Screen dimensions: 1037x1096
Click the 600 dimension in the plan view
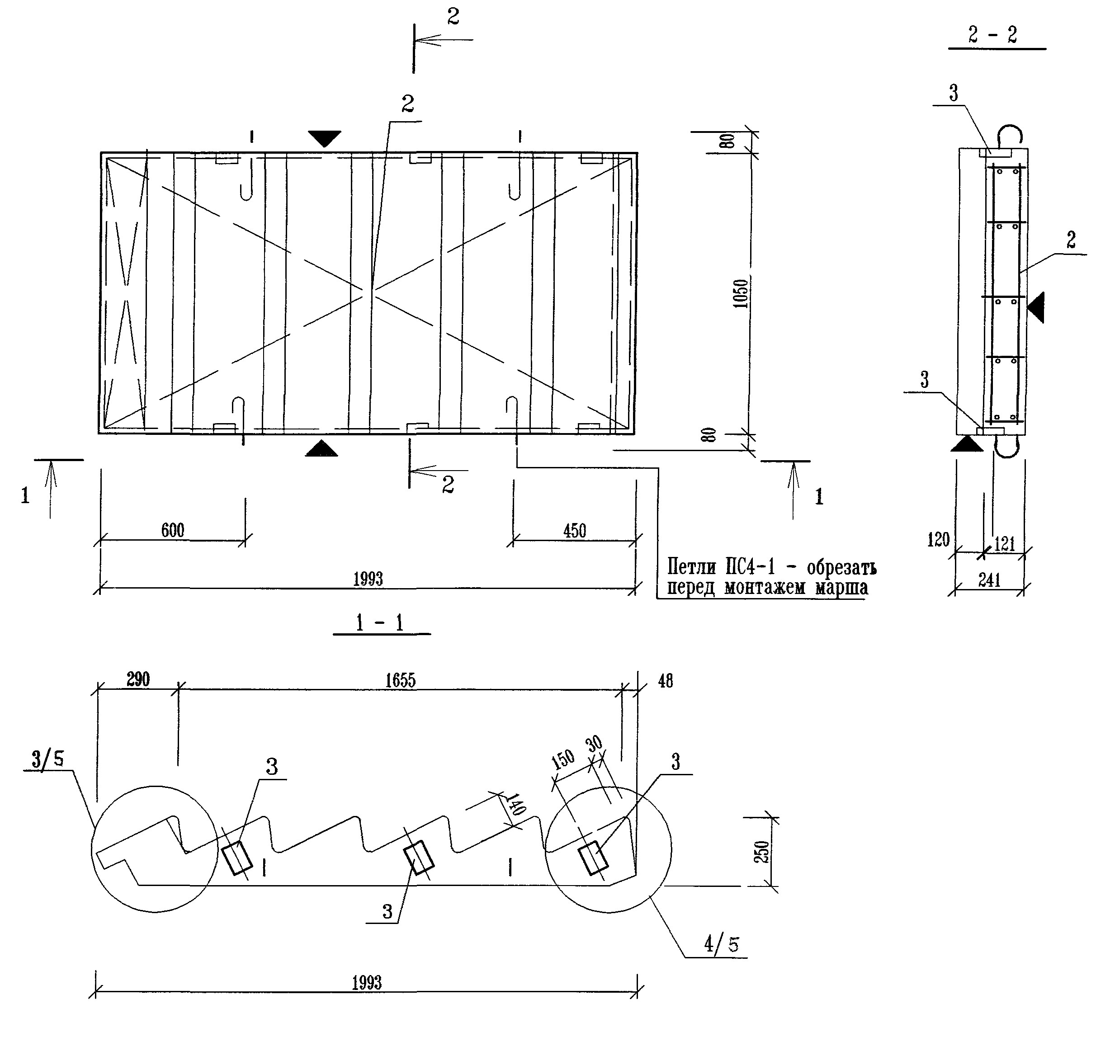(x=173, y=530)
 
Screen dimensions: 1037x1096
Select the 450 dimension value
(x=575, y=531)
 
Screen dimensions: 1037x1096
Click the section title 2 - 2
(x=992, y=35)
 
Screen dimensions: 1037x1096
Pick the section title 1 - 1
(x=380, y=623)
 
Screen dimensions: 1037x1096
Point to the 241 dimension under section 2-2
(x=989, y=580)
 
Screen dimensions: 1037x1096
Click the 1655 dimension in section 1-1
(x=400, y=680)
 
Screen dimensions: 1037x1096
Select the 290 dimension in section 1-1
(x=138, y=679)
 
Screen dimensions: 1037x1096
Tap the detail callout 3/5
(x=47, y=759)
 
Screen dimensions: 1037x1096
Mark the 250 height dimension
(x=762, y=852)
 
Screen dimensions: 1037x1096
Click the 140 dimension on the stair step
(x=514, y=805)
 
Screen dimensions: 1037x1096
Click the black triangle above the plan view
(x=324, y=137)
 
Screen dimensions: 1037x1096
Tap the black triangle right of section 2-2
(x=1037, y=307)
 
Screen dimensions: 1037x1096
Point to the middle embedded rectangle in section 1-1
(x=419, y=858)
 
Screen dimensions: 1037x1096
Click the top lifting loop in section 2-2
(x=1010, y=135)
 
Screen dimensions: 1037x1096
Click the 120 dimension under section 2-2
(x=938, y=539)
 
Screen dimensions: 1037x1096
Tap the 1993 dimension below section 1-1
(x=367, y=983)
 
